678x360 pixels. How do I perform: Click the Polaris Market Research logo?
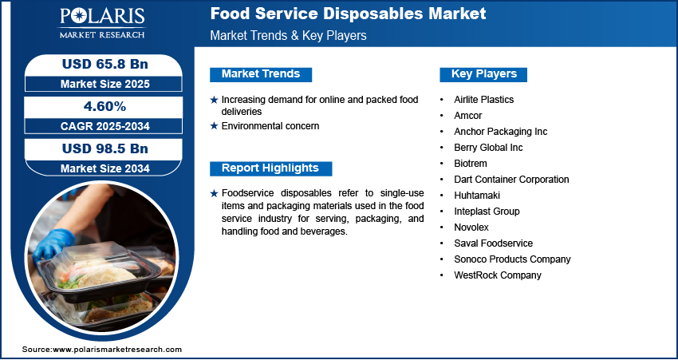pyautogui.click(x=102, y=22)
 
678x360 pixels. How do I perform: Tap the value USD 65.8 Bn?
pyautogui.click(x=105, y=64)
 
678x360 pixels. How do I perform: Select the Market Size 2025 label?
pyautogui.click(x=105, y=84)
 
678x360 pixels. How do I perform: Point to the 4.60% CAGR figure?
pyautogui.click(x=105, y=106)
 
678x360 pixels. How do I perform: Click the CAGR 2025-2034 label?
pyautogui.click(x=105, y=126)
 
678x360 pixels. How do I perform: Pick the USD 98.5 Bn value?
pyautogui.click(x=105, y=148)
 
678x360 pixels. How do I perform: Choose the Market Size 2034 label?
pyautogui.click(x=105, y=168)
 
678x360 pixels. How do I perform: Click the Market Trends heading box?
pyautogui.click(x=261, y=74)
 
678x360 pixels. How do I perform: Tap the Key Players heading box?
pyautogui.click(x=483, y=74)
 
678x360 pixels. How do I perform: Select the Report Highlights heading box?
pyautogui.click(x=270, y=168)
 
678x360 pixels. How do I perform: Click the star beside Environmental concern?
pyautogui.click(x=214, y=126)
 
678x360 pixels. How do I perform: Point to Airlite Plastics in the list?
pyautogui.click(x=484, y=100)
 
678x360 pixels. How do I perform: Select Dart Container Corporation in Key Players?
pyautogui.click(x=511, y=180)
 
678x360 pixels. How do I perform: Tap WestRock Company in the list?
pyautogui.click(x=498, y=275)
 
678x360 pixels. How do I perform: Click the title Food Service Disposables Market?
pyautogui.click(x=348, y=14)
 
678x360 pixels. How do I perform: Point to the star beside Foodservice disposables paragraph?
pyautogui.click(x=214, y=193)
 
